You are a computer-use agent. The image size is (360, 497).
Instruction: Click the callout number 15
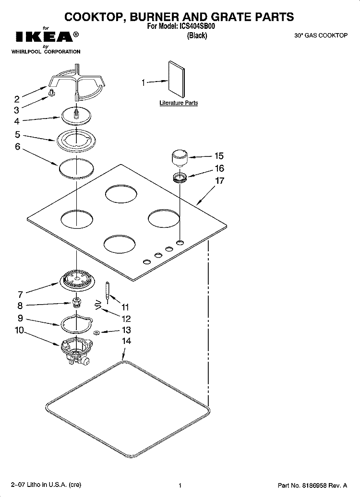(219, 155)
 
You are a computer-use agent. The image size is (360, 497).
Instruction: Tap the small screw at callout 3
(52, 93)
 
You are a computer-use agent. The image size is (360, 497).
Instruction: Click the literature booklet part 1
(176, 79)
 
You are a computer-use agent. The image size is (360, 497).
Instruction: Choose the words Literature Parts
(179, 103)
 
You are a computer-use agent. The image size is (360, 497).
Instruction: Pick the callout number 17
(219, 180)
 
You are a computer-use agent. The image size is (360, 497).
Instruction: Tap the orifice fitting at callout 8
(76, 302)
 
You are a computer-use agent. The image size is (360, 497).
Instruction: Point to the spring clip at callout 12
(98, 306)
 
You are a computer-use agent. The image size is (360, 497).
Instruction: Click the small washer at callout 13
(96, 332)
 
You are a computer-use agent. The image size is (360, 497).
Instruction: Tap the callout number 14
(126, 341)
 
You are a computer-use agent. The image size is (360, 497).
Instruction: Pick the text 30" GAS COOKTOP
(321, 35)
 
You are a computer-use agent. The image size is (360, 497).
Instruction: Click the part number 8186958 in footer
(312, 485)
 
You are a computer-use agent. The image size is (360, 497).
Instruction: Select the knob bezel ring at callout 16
(180, 178)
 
